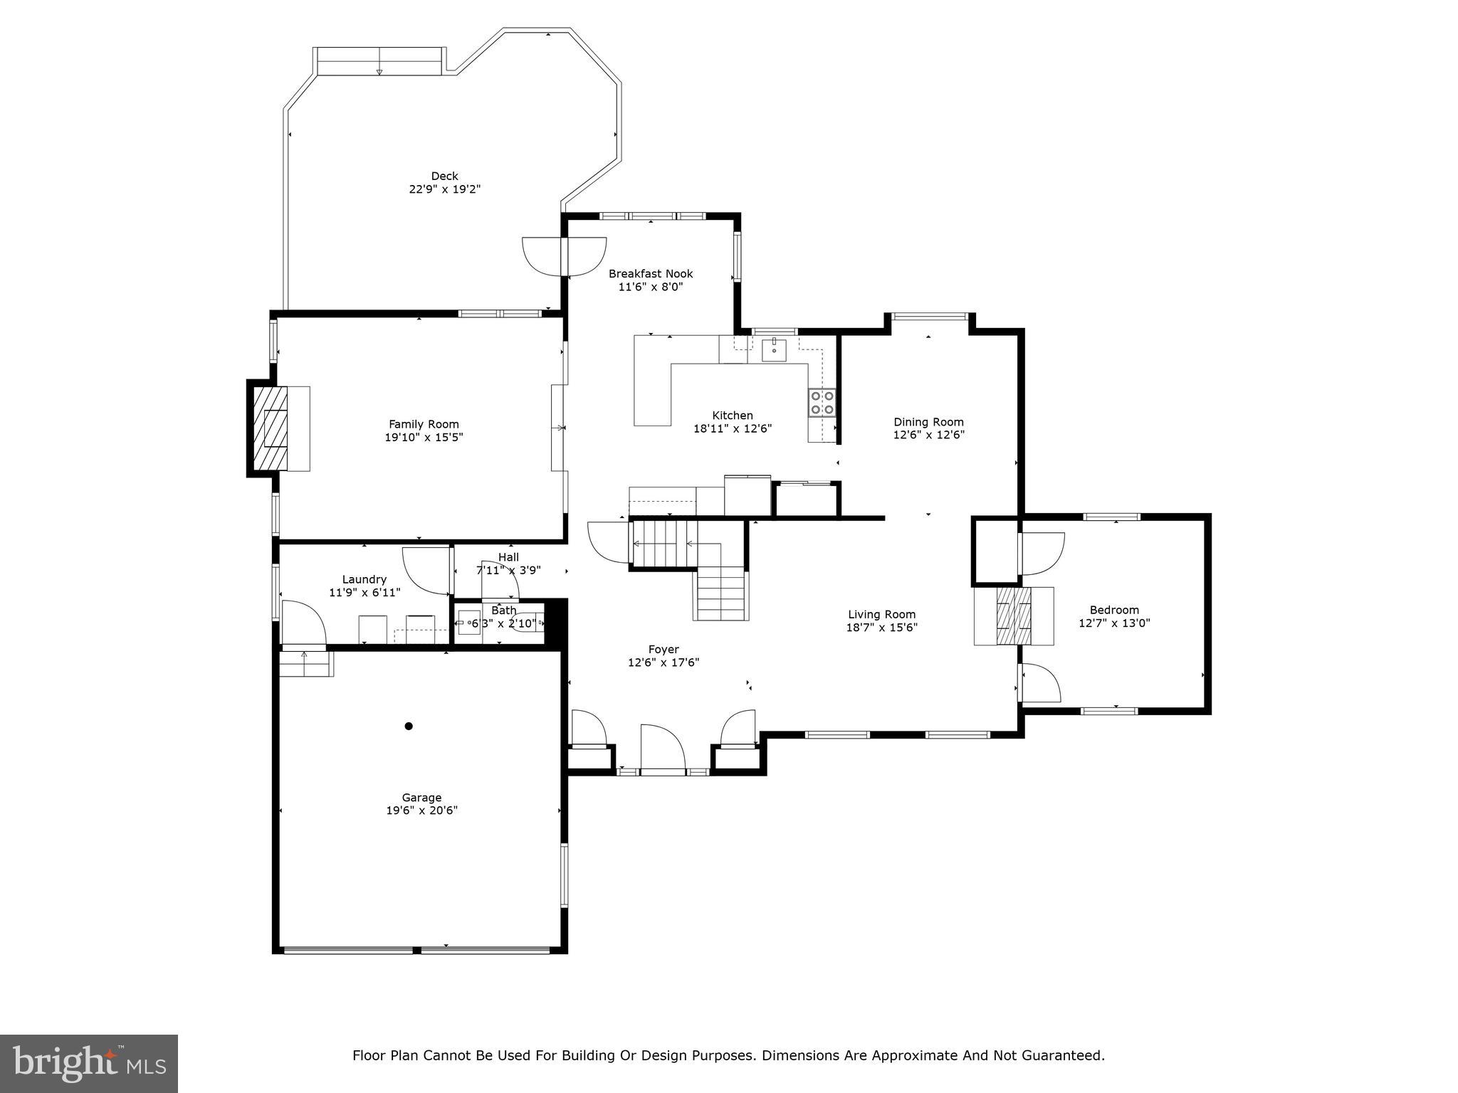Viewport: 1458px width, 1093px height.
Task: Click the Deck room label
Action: coord(444,176)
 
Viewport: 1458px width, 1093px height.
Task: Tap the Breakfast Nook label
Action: coord(650,273)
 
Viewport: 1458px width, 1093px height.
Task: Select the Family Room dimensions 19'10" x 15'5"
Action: coord(424,437)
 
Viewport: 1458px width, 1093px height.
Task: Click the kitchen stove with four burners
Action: coord(822,402)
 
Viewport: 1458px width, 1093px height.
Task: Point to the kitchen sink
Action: coord(774,350)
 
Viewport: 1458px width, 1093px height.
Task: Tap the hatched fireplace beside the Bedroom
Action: coord(1013,616)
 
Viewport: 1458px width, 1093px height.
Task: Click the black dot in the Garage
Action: coord(409,726)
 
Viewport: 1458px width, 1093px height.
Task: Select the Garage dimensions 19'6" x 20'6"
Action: coord(421,810)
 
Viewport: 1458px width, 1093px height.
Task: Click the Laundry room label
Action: coord(364,579)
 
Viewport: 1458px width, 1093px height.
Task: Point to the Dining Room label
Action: coord(928,422)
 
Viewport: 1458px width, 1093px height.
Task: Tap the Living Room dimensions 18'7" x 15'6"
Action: coord(881,627)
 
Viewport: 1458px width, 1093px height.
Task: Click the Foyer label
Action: coord(663,649)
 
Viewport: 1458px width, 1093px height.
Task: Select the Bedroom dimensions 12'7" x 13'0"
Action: coord(1114,623)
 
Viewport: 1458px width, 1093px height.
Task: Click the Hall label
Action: coord(508,557)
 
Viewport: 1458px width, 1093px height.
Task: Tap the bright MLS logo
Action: coord(88,1063)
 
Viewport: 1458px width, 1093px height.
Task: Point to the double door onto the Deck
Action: coord(565,256)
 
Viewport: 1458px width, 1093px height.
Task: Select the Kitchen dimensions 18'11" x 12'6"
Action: coord(732,428)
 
